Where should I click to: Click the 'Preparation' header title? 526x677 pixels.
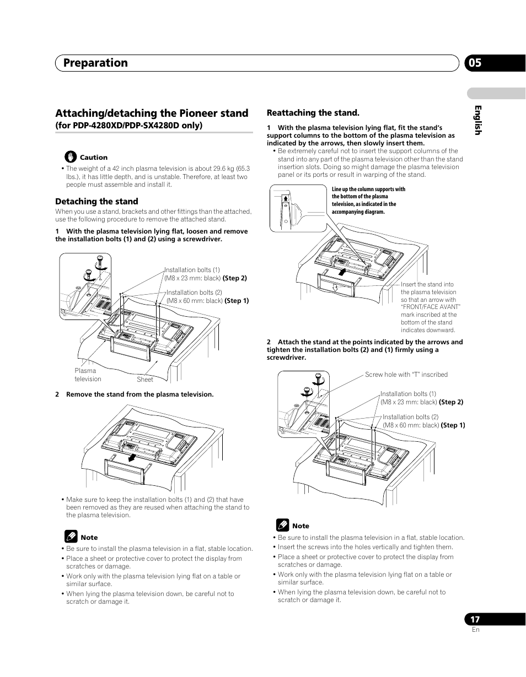[95, 63]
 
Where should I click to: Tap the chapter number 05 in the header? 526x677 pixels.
[475, 63]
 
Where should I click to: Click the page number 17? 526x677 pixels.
[475, 620]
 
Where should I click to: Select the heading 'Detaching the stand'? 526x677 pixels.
[96, 202]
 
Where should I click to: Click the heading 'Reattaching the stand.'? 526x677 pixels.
[313, 113]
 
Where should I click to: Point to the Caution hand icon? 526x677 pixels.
[71, 156]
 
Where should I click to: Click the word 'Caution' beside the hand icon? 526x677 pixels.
[94, 158]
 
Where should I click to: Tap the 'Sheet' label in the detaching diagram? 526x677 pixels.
[145, 380]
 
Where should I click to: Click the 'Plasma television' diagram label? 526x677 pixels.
[88, 375]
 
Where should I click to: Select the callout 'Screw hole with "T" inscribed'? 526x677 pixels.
[406, 375]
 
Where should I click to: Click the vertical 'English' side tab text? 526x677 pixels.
[479, 120]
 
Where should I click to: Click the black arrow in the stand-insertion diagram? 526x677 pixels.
[342, 271]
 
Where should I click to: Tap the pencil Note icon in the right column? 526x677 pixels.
[282, 525]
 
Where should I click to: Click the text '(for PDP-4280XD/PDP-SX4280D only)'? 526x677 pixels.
[129, 126]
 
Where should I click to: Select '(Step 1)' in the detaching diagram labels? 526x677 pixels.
[237, 301]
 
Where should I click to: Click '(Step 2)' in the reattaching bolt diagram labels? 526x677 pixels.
[451, 402]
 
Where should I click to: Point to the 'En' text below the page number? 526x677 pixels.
[476, 630]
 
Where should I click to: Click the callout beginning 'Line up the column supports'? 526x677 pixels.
[368, 201]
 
